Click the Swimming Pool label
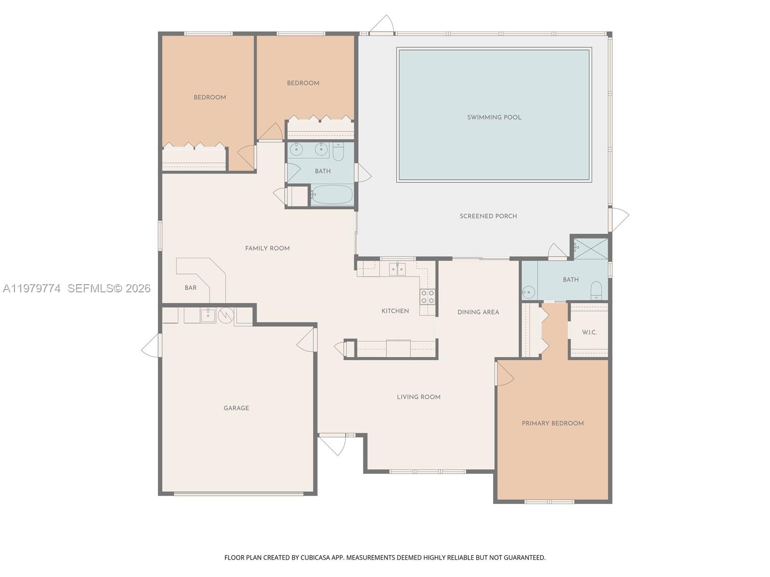pos(494,117)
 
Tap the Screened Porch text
pos(488,216)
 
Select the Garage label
pos(236,408)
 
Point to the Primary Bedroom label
pos(552,424)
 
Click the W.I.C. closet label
pos(589,332)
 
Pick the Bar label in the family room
pos(191,288)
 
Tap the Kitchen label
pos(395,311)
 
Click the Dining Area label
pos(478,312)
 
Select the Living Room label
pos(419,397)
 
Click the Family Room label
pos(267,249)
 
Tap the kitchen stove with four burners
pos(427,297)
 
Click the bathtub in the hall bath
pos(332,195)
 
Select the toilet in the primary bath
pos(596,290)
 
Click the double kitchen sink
pos(398,269)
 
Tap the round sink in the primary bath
pos(528,291)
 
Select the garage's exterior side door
pos(152,345)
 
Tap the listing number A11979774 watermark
pos(32,288)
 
